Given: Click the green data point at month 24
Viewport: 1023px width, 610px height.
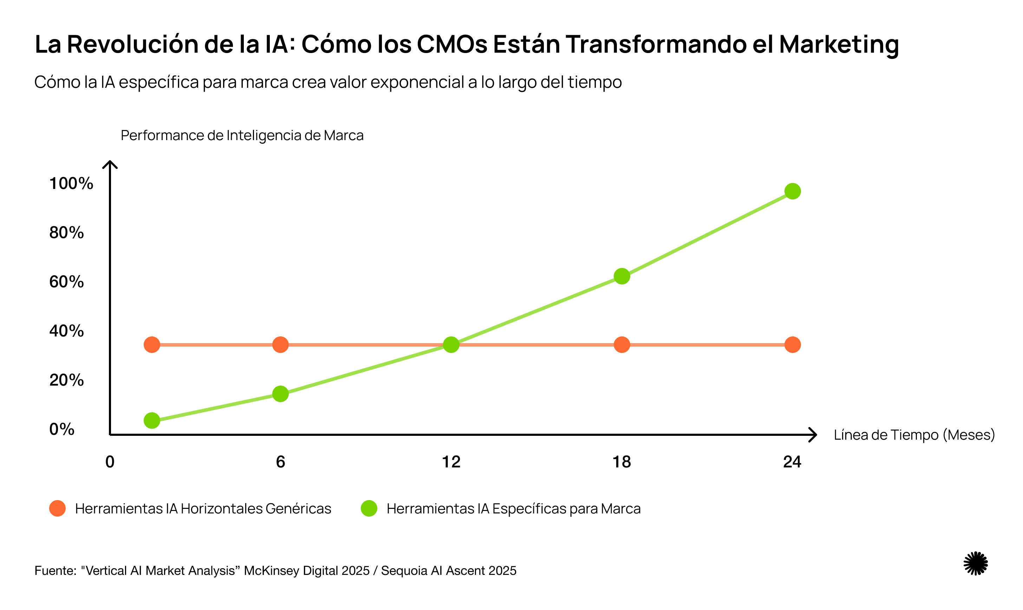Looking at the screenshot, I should pos(792,191).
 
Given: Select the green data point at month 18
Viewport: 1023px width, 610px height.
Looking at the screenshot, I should pos(622,276).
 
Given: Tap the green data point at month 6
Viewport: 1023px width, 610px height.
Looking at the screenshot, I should pos(280,394).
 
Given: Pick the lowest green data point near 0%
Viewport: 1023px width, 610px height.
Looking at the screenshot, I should pos(152,420).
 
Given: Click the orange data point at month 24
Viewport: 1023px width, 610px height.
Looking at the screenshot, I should pos(792,345).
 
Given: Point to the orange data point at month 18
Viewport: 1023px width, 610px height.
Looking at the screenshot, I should pos(622,345).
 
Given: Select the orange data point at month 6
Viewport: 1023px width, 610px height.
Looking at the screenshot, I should pos(280,345).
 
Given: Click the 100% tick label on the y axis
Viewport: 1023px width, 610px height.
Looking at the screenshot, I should pos(71,183).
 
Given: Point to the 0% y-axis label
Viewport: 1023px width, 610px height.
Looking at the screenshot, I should pos(62,429).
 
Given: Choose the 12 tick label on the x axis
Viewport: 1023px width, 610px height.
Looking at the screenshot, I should pos(451,462).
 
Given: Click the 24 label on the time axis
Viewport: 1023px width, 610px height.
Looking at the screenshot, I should pos(792,462).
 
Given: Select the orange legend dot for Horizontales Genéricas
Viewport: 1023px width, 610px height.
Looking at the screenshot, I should pos(58,509).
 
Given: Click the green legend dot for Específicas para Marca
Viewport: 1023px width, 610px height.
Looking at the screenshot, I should pos(369,509).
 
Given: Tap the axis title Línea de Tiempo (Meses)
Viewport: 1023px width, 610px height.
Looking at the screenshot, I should pos(914,435).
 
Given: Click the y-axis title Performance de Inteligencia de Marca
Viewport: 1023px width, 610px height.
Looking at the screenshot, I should pos(242,135).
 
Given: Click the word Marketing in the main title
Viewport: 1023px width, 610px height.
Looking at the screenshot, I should pos(839,44).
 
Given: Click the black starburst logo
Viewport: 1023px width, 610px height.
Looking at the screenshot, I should pos(975,563).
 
